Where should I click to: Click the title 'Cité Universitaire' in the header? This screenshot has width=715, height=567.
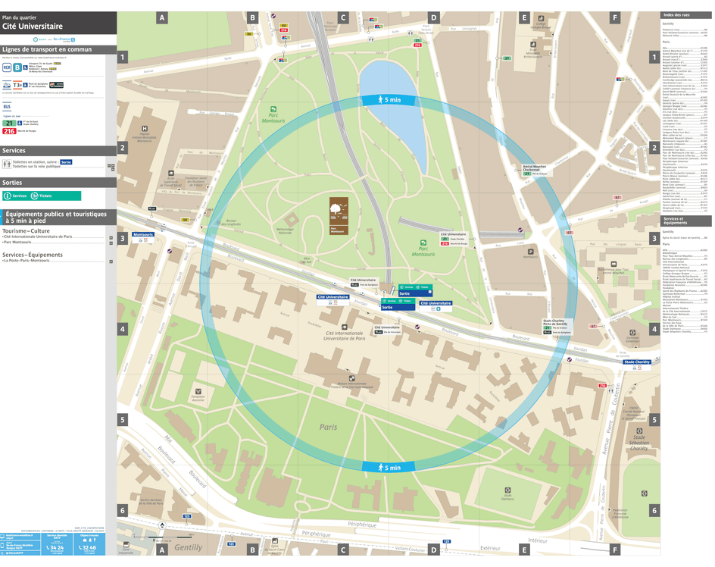32,26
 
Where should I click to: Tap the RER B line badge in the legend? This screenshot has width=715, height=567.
17,67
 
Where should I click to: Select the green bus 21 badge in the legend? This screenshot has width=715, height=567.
9,122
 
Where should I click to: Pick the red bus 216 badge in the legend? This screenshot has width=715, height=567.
9,131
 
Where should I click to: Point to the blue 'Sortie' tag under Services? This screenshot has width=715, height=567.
66,162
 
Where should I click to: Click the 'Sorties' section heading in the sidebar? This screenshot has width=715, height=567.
13,183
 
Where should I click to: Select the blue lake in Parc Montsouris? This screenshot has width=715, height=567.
405,114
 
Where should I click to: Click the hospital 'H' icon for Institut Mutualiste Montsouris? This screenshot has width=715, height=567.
144,129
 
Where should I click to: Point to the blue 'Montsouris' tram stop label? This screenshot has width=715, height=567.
142,234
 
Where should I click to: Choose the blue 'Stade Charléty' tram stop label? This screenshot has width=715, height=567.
636,362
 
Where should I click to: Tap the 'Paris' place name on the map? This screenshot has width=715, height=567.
328,427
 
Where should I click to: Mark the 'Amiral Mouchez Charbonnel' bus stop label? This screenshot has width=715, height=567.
534,168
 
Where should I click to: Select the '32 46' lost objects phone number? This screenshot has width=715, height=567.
89,547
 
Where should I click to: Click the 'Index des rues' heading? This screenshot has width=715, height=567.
676,15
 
